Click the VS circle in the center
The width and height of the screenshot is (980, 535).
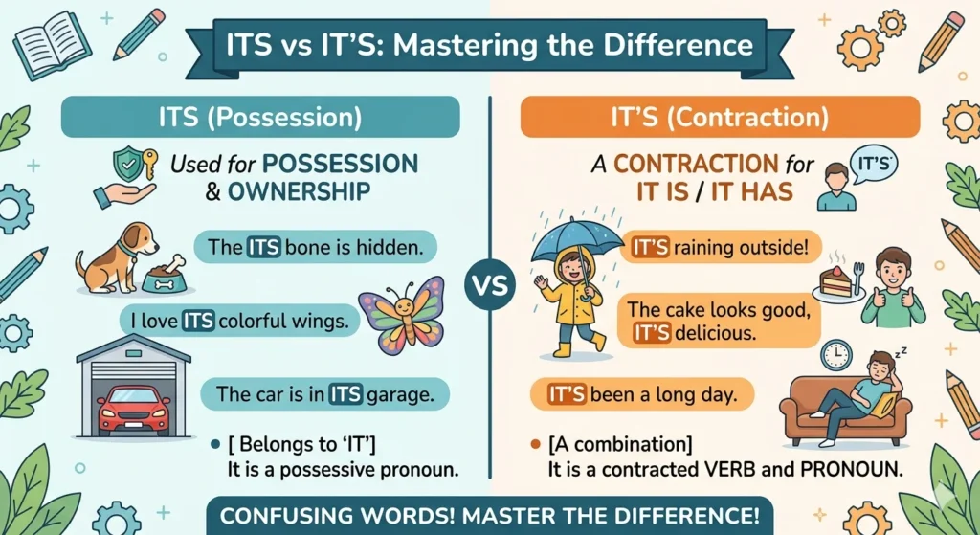[x=489, y=285]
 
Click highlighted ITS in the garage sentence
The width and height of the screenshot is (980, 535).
[x=345, y=393]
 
